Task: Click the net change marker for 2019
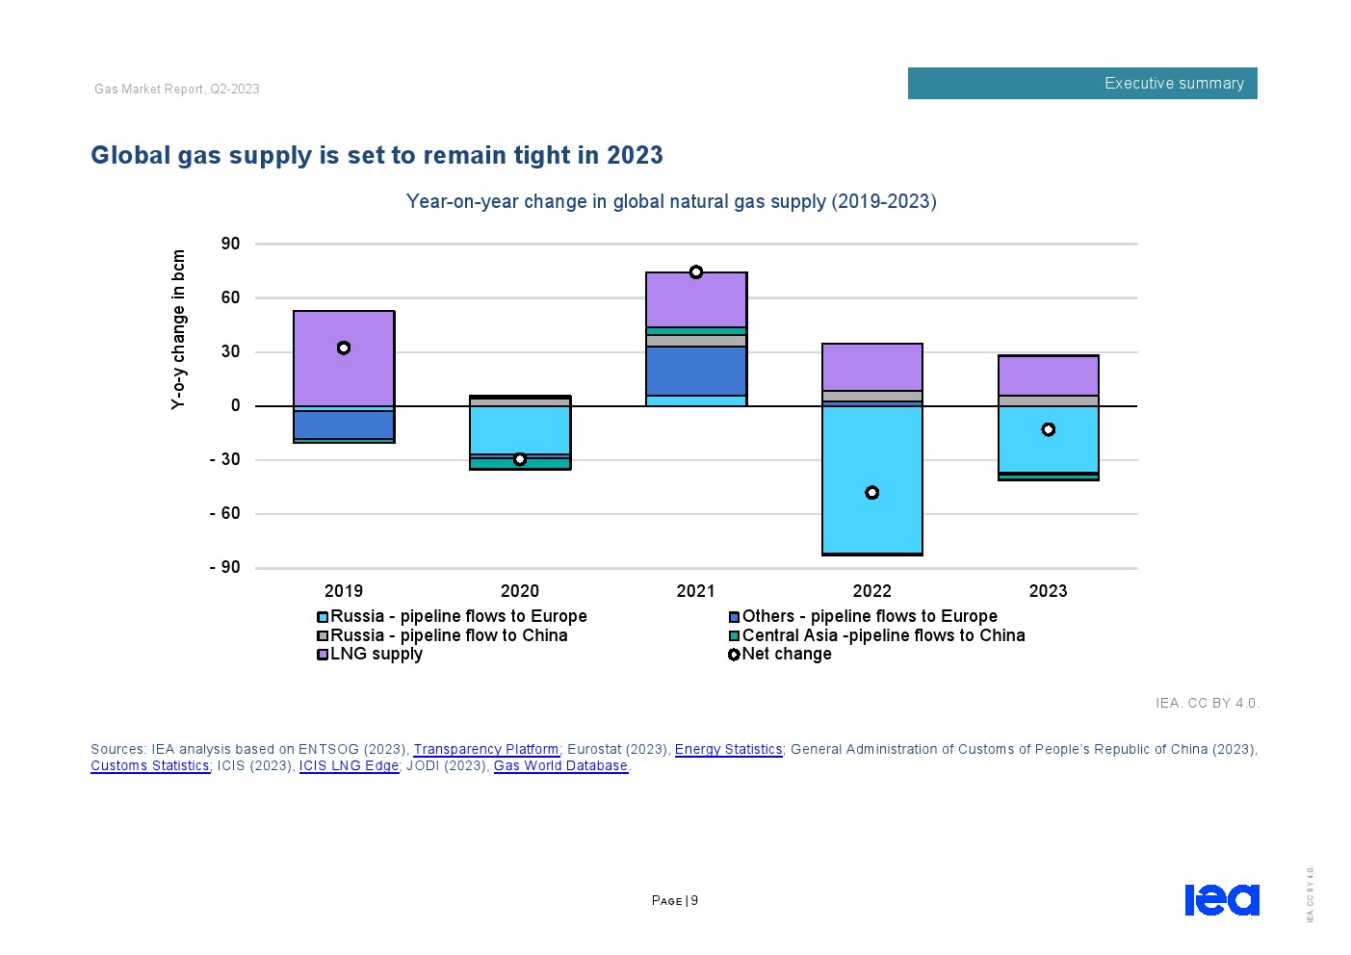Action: click(344, 348)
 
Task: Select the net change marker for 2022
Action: click(872, 493)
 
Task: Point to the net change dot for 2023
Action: click(1049, 429)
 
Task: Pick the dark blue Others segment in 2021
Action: click(696, 371)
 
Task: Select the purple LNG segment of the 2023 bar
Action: click(1049, 375)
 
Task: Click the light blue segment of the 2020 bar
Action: click(520, 429)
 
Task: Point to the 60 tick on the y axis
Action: click(230, 297)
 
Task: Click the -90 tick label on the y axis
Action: click(225, 567)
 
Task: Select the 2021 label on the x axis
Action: click(696, 591)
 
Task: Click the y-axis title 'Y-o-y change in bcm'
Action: click(178, 329)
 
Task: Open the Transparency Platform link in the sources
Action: click(485, 749)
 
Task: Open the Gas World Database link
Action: click(560, 765)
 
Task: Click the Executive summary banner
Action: click(1082, 84)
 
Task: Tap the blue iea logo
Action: click(1221, 899)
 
